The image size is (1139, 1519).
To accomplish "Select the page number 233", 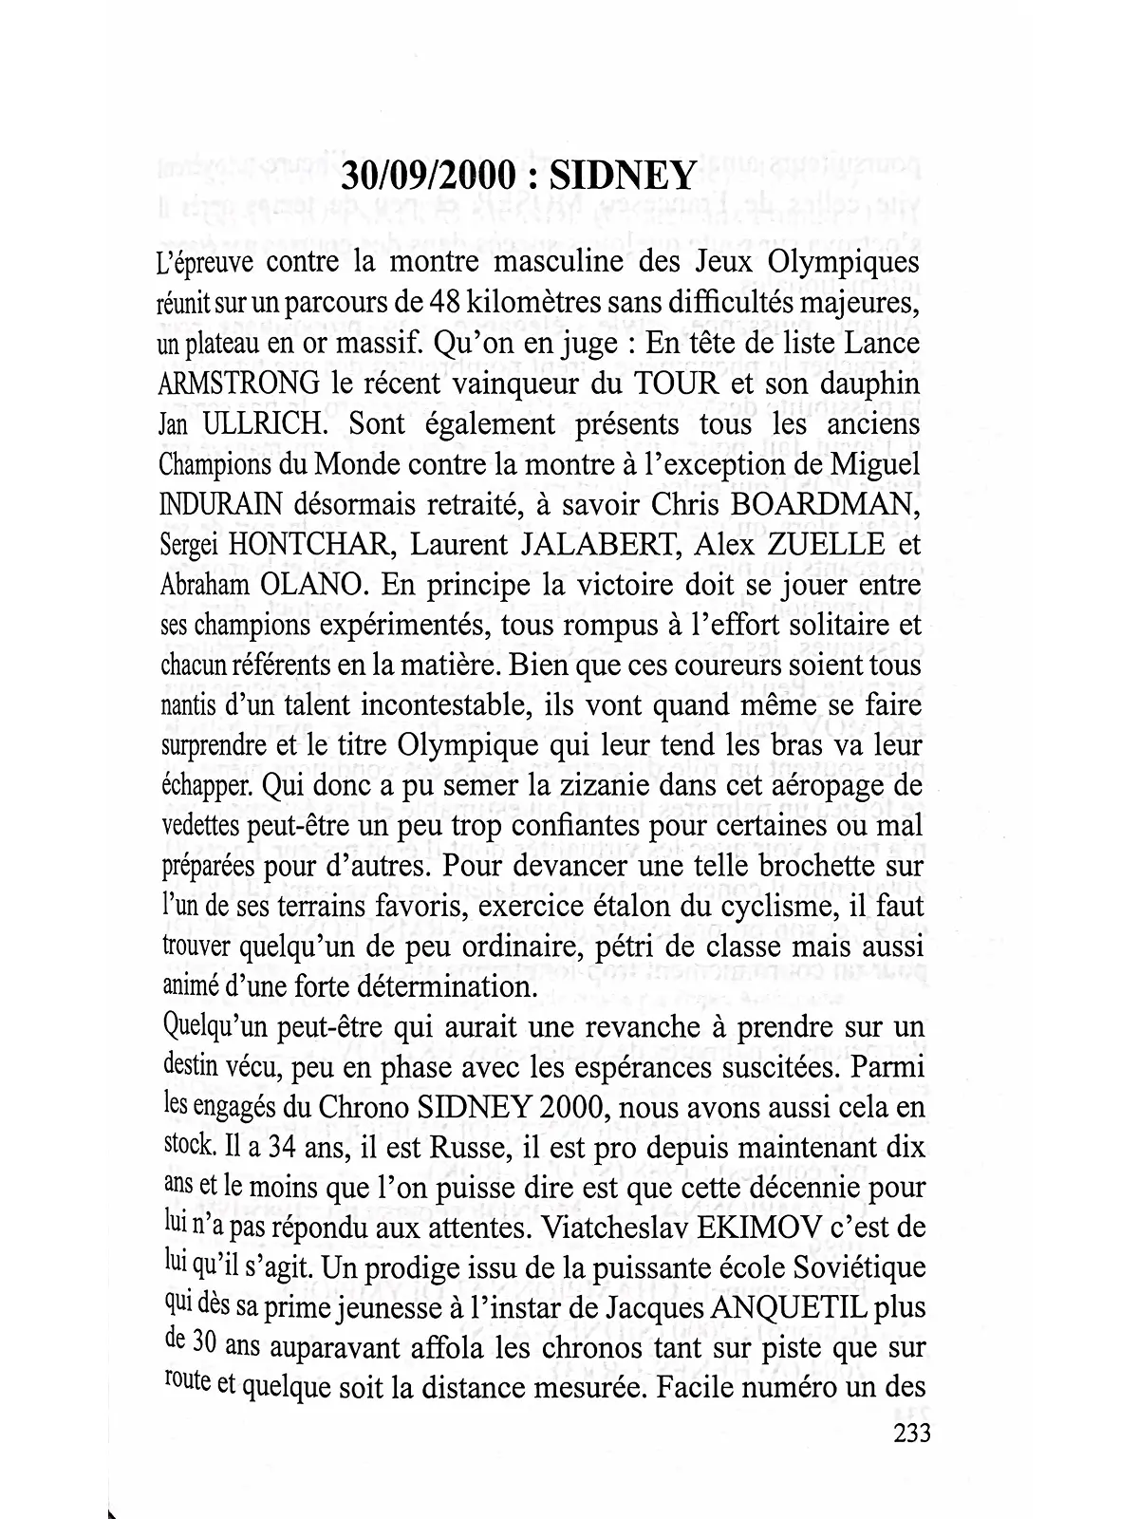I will (911, 1433).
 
